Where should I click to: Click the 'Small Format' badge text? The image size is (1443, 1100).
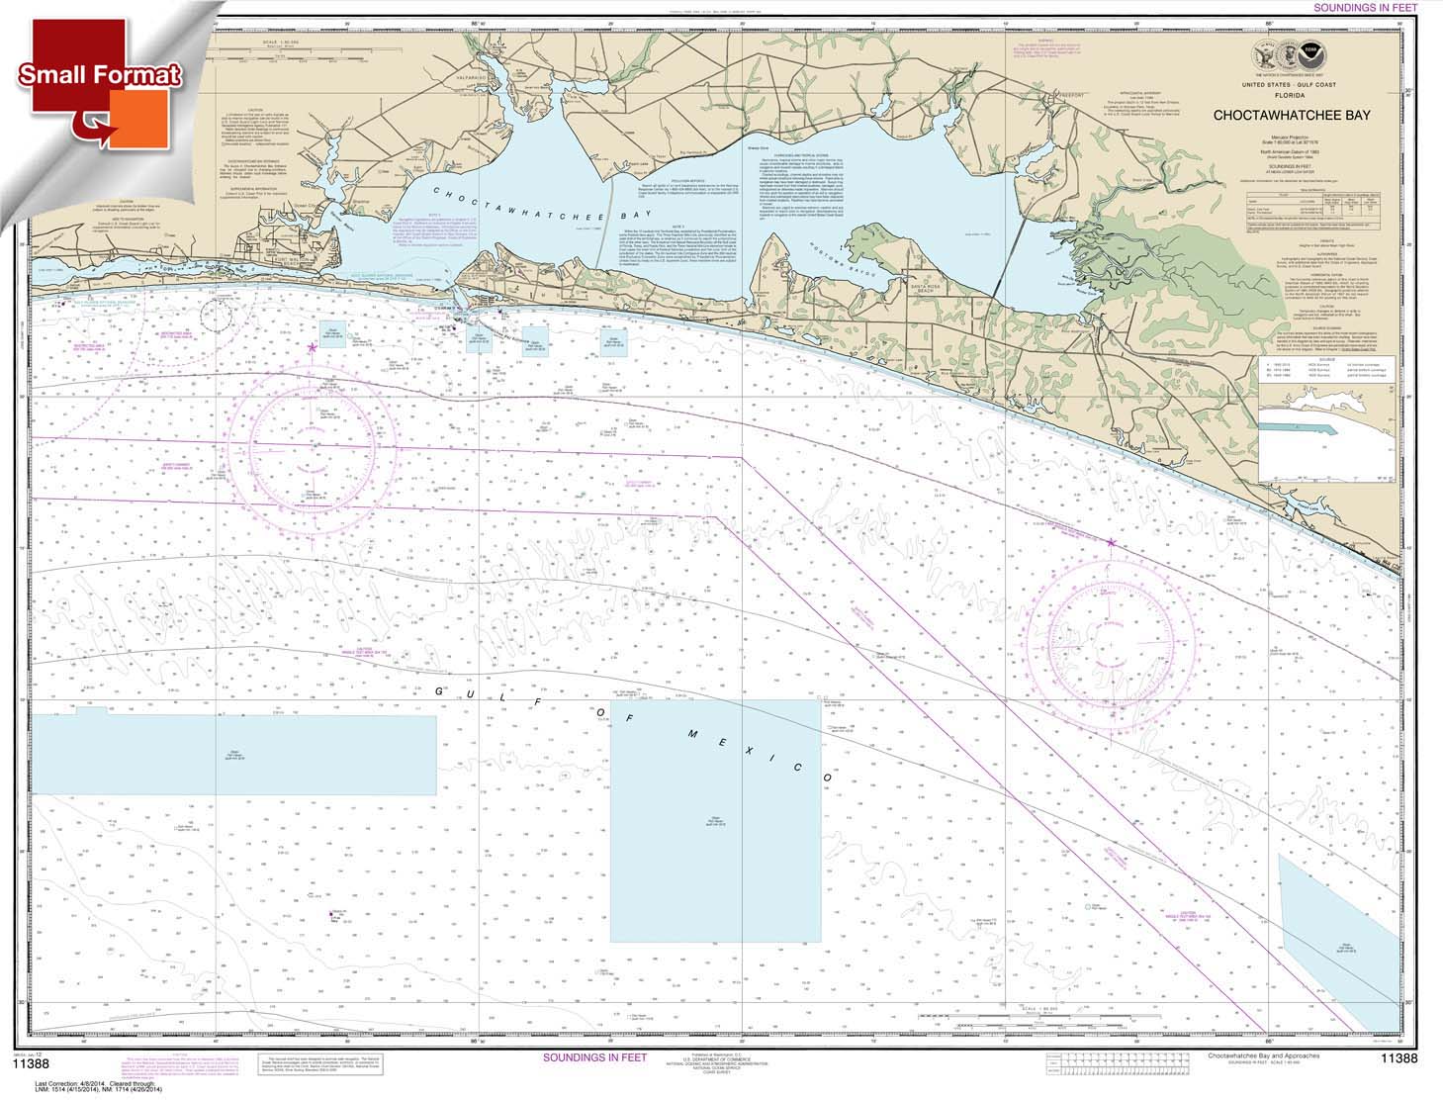coord(99,75)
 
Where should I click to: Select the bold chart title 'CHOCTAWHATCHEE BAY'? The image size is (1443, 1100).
coord(1293,115)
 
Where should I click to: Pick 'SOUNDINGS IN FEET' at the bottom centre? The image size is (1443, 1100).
coord(594,1057)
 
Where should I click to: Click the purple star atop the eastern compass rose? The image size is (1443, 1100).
coord(1111,543)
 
